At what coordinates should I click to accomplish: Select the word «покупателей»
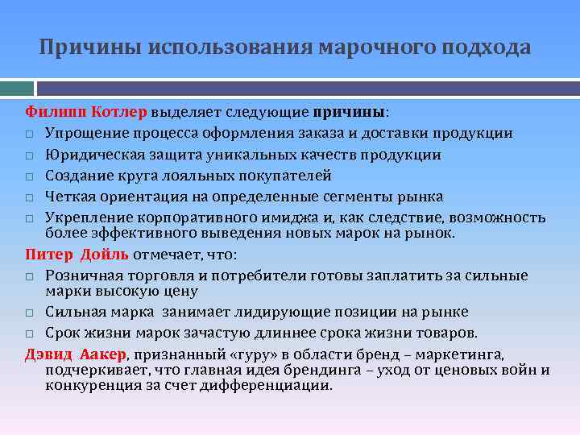tap(287, 176)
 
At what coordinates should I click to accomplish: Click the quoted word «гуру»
tap(233, 354)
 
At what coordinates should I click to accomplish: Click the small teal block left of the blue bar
tap(16, 86)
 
